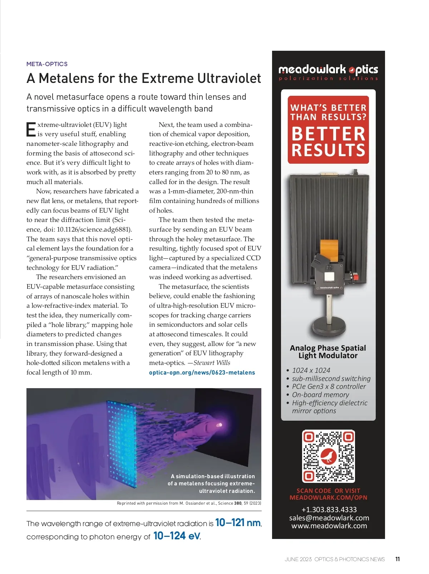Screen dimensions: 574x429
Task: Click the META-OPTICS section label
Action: pos(47,64)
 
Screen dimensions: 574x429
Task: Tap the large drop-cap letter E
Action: pos(31,129)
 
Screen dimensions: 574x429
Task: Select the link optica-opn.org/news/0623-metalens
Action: pos(202,372)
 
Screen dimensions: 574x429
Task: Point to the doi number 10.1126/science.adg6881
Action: pos(94,229)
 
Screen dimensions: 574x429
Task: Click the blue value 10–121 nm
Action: pos(238,523)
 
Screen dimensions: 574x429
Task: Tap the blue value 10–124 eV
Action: pos(177,536)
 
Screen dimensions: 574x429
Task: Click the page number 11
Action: pos(398,559)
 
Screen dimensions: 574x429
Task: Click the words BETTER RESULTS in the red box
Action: pos(328,142)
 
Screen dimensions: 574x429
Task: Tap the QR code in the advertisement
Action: pos(329,456)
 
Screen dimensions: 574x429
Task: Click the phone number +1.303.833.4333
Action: pos(329,510)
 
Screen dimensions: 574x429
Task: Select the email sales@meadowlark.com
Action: pos(329,518)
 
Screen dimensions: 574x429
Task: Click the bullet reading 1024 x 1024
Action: pos(311,370)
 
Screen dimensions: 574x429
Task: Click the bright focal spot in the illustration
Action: pos(219,425)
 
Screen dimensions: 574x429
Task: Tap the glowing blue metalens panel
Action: pos(122,443)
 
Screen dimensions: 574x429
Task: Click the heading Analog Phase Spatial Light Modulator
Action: pos(328,352)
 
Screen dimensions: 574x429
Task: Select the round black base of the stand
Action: pos(329,327)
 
